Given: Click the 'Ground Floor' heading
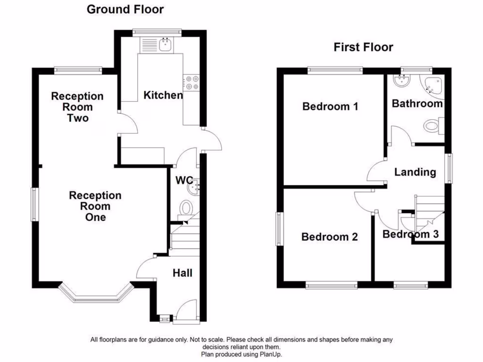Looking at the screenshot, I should (x=125, y=9).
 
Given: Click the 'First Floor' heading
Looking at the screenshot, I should (x=363, y=47).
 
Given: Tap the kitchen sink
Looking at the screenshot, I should (x=166, y=45).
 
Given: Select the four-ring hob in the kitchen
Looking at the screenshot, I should (x=192, y=83).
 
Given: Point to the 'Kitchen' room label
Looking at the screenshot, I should (x=163, y=95).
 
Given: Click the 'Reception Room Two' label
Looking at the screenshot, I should (x=77, y=107).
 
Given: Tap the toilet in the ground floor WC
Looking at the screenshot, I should (x=187, y=208).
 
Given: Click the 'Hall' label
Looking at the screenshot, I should (x=182, y=273).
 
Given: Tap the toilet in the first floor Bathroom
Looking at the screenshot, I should (x=432, y=126).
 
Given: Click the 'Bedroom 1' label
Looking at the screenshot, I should (x=330, y=107).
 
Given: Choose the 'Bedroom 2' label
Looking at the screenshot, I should (x=329, y=237).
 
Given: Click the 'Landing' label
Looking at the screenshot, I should (x=415, y=172).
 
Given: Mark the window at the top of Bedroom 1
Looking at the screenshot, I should (x=335, y=70).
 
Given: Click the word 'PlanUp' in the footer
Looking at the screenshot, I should (x=273, y=354).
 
